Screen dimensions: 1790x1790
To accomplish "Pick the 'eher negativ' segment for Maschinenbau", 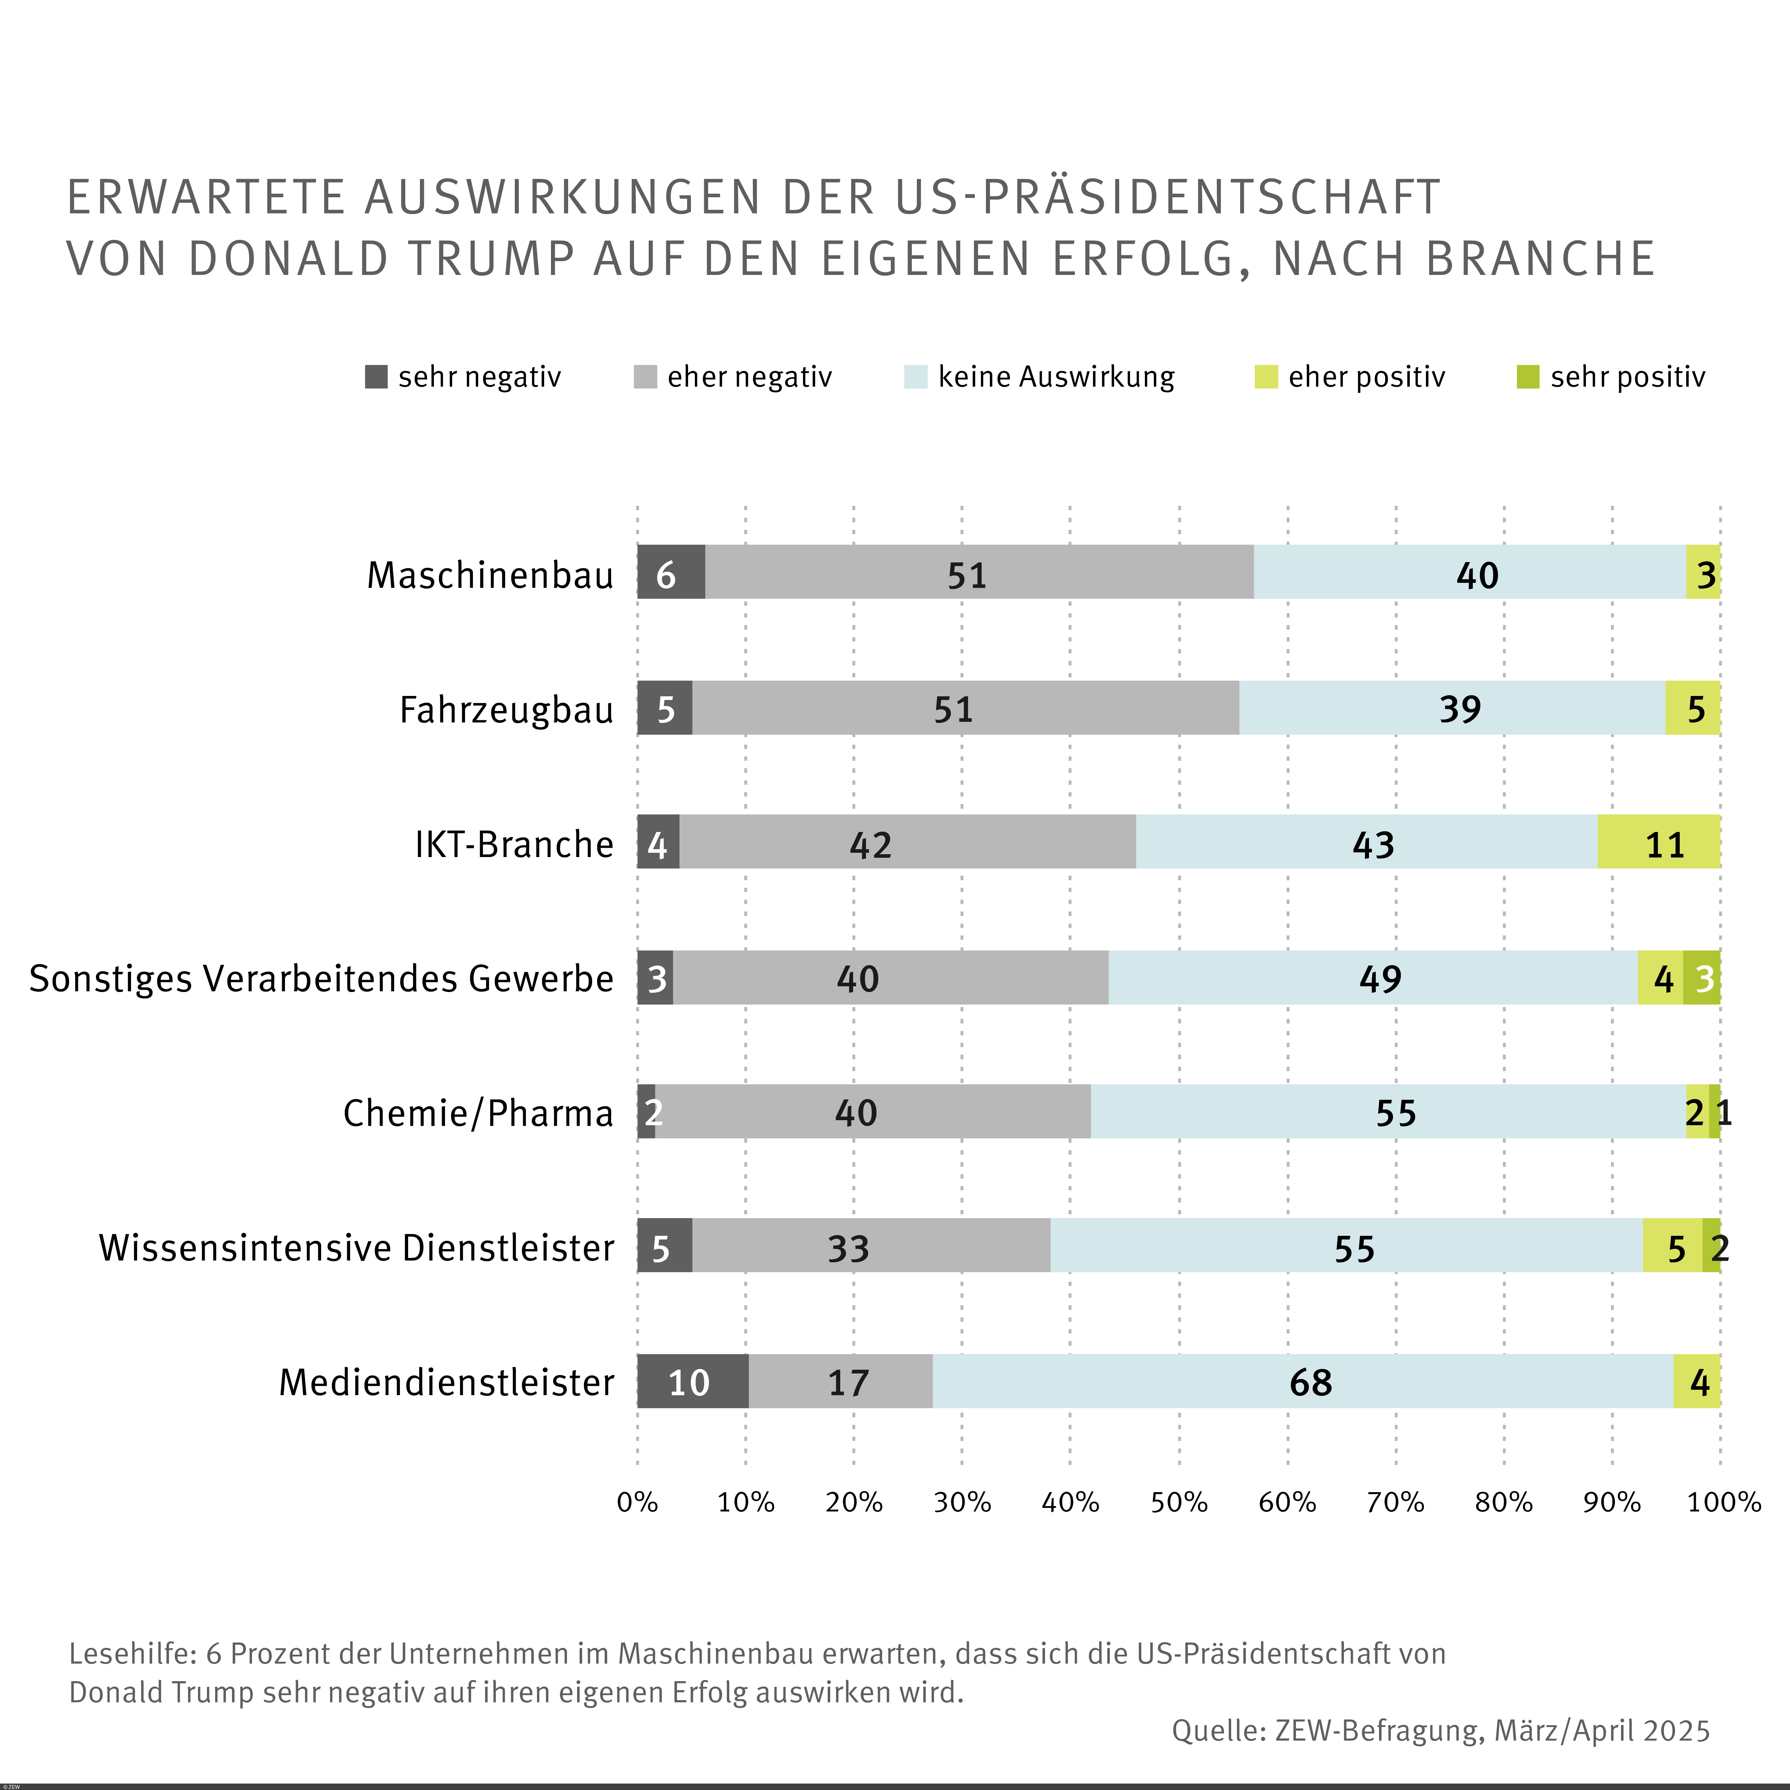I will tap(979, 572).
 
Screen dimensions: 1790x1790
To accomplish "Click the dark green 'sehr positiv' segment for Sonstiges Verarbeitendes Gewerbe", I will tap(1702, 977).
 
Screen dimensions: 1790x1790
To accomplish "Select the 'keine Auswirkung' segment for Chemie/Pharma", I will tap(1388, 1112).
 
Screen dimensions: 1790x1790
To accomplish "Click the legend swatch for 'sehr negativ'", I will tap(376, 377).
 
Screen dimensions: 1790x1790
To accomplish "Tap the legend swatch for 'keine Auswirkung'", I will tap(915, 377).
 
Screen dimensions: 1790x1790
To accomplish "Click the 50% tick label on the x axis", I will tap(1179, 1502).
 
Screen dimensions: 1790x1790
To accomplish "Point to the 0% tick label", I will tap(638, 1502).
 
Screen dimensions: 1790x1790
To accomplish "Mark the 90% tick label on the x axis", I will tap(1611, 1502).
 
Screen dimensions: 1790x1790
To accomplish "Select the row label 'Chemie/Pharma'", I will tap(478, 1113).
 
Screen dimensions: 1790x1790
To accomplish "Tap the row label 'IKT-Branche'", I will tap(514, 844).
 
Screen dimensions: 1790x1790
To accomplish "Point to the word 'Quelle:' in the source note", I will tap(1218, 1731).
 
